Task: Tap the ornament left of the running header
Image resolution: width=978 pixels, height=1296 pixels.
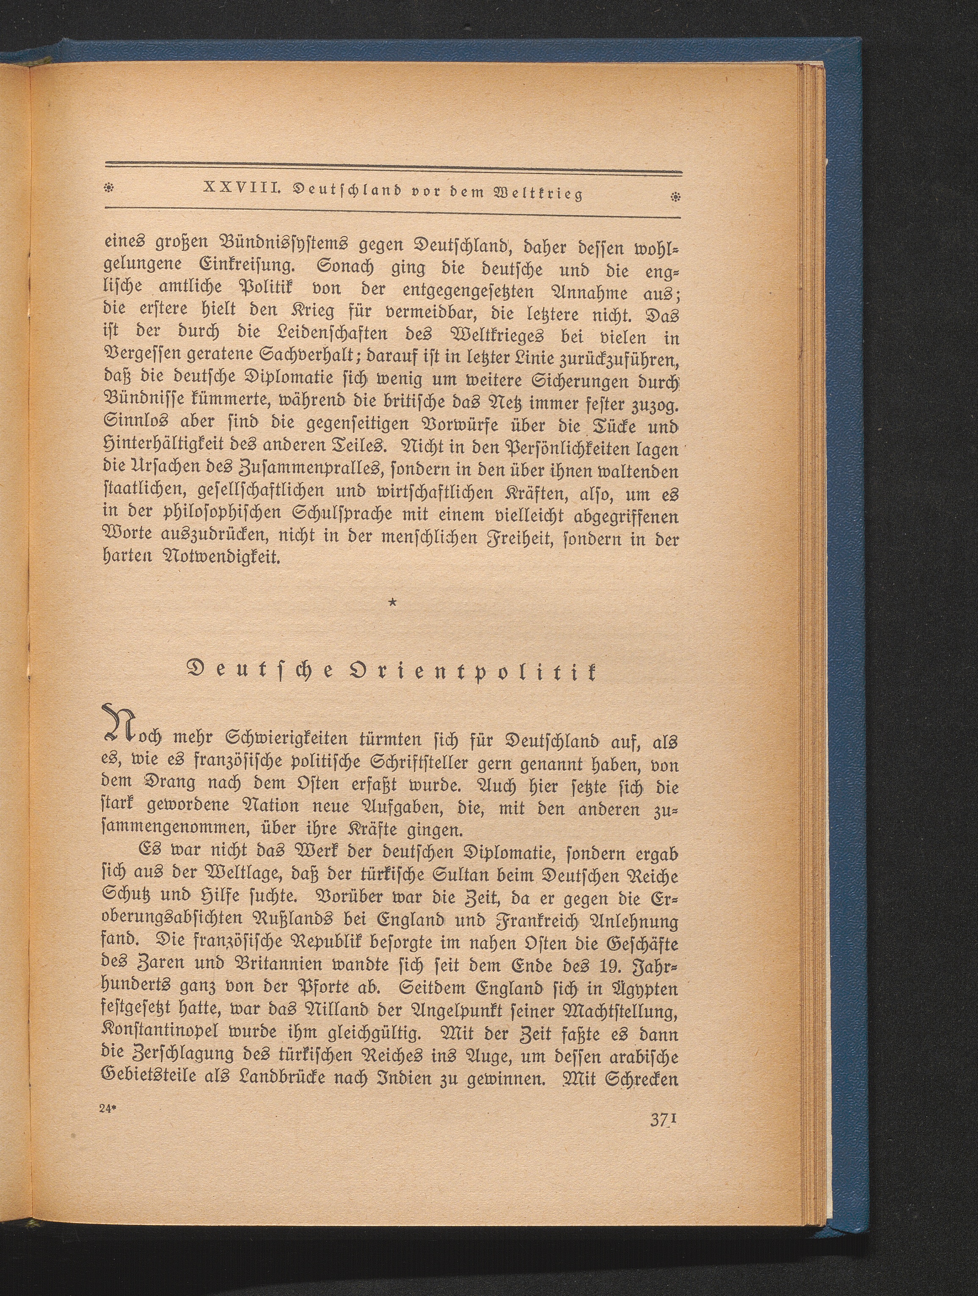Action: pyautogui.click(x=108, y=188)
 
